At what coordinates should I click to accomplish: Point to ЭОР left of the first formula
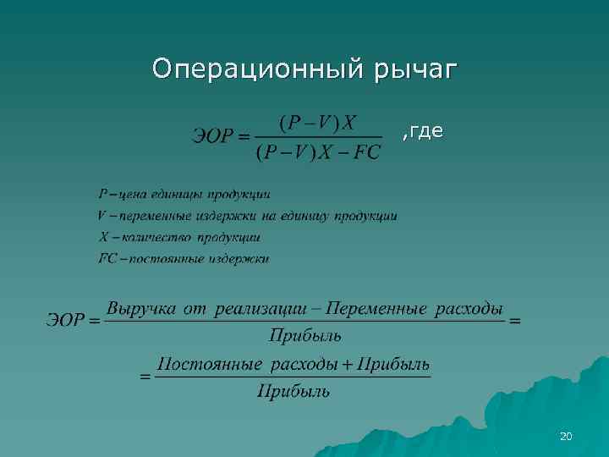[211, 137]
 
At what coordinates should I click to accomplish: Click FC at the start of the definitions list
[107, 258]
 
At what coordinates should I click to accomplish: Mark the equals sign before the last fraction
[145, 377]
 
